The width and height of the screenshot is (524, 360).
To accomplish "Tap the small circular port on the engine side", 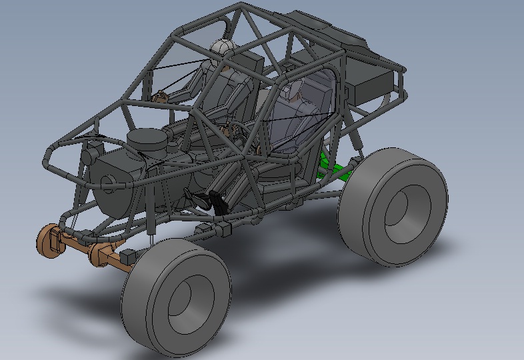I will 107,181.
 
